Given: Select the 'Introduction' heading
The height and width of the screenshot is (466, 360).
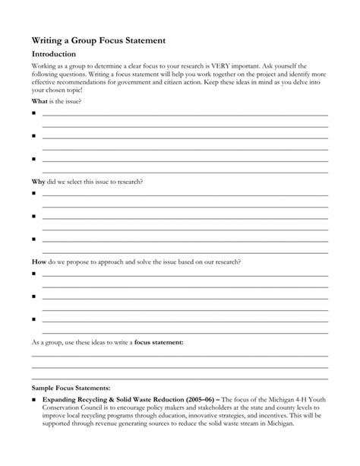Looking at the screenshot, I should [x=53, y=55].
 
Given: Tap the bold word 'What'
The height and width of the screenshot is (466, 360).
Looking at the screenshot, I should [x=39, y=101].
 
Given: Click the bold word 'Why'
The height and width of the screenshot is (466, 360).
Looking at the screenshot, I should [x=38, y=182].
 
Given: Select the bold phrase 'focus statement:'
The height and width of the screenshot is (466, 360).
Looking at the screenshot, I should [x=159, y=342].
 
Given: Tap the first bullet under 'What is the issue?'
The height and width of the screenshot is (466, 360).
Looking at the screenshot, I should [x=34, y=113].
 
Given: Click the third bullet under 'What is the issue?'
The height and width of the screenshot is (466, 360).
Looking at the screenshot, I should [x=34, y=159].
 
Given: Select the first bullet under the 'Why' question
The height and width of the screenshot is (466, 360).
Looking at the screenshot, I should [x=34, y=193].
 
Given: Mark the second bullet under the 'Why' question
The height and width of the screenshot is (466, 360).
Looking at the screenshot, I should [x=34, y=216].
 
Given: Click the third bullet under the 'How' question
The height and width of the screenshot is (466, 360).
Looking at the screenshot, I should [x=34, y=319].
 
